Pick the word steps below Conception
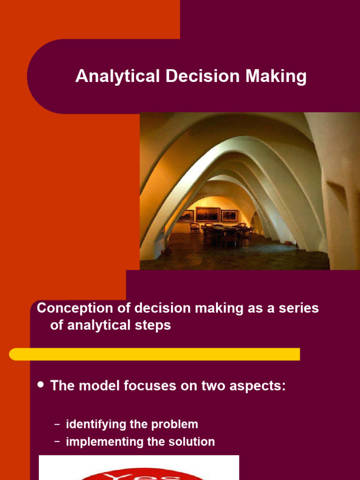point(151,325)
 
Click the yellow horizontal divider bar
point(155,354)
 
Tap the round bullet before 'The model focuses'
point(40,385)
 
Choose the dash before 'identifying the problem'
point(57,425)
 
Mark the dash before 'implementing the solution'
point(57,442)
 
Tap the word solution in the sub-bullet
point(192,442)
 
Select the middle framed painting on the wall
point(208,214)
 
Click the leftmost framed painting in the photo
point(186,216)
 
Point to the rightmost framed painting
point(229,215)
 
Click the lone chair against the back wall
point(194,227)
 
